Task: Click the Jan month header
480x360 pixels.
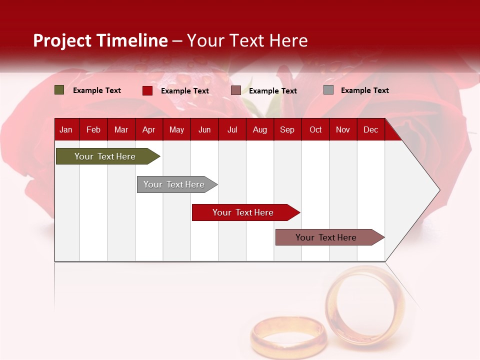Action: pos(66,129)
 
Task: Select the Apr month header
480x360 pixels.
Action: pos(148,129)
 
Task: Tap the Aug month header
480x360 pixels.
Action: pos(259,129)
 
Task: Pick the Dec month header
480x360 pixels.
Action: pos(370,129)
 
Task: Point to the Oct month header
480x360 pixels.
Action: pos(315,129)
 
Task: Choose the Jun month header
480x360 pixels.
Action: pos(204,129)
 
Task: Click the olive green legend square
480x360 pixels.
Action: pos(59,90)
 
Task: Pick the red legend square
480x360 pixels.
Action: pos(147,90)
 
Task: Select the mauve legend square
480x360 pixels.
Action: pos(236,90)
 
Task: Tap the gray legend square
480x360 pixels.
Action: pos(328,90)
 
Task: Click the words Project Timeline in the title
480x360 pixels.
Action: pos(100,40)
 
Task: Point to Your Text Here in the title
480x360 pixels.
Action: pos(247,40)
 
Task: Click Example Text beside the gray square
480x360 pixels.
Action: pos(364,90)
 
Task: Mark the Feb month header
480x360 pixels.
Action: pos(93,129)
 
